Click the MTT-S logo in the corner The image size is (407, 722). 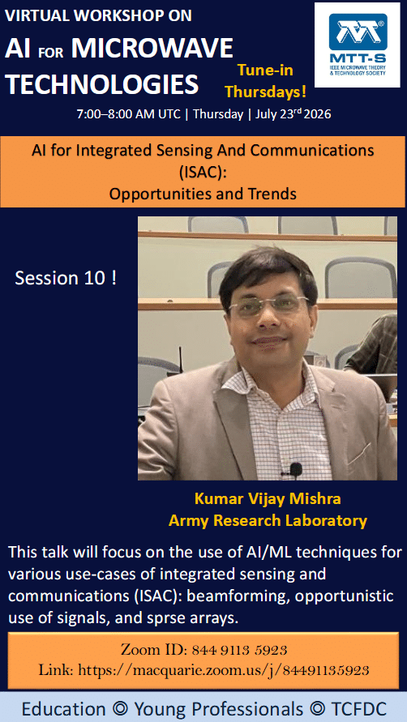click(x=358, y=45)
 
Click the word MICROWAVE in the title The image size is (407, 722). click(x=152, y=48)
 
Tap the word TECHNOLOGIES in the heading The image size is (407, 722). click(x=102, y=84)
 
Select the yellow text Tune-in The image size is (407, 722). click(x=265, y=70)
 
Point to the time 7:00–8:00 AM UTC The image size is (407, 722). click(x=129, y=114)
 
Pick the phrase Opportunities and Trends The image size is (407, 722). click(x=203, y=194)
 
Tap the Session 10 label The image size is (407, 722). click(x=66, y=278)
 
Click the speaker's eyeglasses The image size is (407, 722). click(x=268, y=305)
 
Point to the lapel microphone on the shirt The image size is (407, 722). click(x=295, y=469)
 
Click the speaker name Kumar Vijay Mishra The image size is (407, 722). click(x=268, y=498)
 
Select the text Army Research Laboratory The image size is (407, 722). click(x=268, y=521)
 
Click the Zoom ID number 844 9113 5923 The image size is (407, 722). click(x=240, y=650)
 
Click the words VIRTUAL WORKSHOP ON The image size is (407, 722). click(x=98, y=15)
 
